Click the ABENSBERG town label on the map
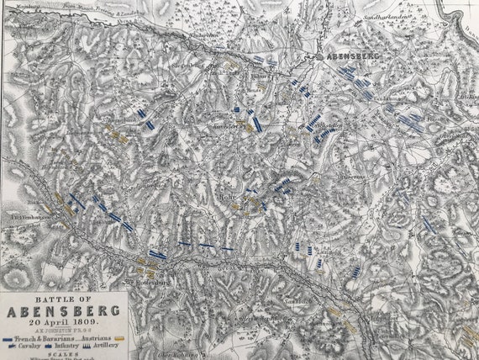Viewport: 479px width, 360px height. pos(351,56)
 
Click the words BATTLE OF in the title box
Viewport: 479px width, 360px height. pos(63,298)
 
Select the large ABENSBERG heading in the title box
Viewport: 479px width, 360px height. pos(63,310)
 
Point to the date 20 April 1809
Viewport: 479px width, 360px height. pos(63,321)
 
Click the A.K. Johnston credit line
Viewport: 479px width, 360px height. pos(63,330)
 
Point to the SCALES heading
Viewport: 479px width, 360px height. pos(63,354)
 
